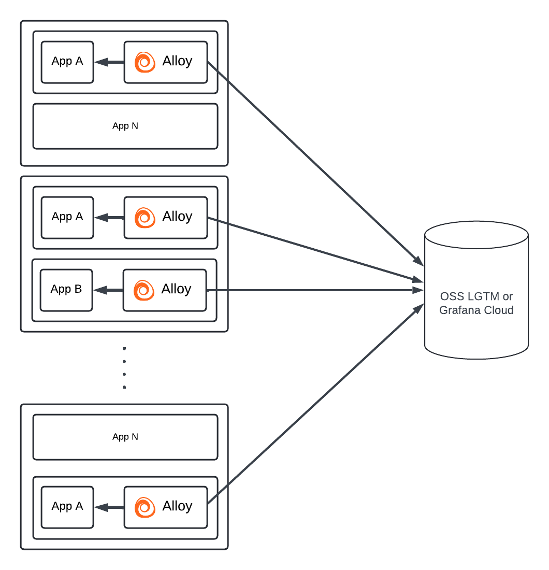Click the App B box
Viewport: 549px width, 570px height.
[x=66, y=290]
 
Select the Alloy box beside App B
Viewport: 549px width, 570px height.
[x=165, y=290]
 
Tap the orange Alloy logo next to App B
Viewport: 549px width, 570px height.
[x=144, y=290]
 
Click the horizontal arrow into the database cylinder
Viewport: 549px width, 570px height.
[x=316, y=290]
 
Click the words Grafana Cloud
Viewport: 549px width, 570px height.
[x=476, y=310]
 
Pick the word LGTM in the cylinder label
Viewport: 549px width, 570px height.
[x=483, y=296]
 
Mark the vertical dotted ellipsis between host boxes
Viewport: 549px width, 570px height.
[x=124, y=368]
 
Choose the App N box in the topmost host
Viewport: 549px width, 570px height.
[x=125, y=126]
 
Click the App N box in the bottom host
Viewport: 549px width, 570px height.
[x=125, y=437]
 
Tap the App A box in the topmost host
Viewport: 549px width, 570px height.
[x=67, y=62]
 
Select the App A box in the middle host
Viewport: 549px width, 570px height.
[x=67, y=217]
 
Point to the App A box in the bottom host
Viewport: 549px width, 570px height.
[x=67, y=507]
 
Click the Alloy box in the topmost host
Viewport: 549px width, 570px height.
[x=166, y=62]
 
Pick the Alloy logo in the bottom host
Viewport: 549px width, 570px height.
[x=145, y=507]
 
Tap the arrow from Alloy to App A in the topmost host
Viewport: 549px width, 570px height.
[x=109, y=62]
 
